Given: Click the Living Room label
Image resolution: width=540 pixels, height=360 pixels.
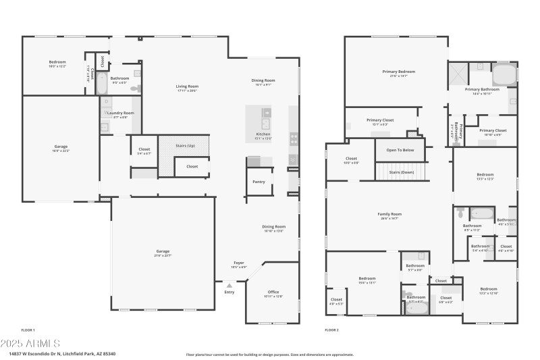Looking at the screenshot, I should point(188,86).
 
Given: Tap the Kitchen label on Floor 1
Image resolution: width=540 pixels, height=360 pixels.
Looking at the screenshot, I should point(263,134).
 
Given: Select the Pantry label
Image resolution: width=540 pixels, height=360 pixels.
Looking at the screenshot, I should point(259,182).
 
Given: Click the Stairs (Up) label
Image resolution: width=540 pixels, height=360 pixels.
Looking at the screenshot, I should point(185,145).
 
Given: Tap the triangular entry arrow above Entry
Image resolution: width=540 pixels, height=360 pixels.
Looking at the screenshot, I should point(229,286).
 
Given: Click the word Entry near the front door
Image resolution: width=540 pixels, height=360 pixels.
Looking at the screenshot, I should point(230,292).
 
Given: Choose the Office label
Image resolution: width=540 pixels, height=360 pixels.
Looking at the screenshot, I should point(273,292).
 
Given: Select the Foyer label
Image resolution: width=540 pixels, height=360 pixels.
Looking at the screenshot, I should point(239,263).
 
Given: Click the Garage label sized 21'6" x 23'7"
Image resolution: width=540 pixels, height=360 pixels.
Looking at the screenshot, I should point(163,251).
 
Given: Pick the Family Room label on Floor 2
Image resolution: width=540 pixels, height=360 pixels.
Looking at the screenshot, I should point(389,214).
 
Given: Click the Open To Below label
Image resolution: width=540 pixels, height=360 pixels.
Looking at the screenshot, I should point(400,150).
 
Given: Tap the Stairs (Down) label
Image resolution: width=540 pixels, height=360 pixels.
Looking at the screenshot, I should point(402,172).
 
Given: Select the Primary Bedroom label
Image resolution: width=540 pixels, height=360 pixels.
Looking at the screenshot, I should point(398,72).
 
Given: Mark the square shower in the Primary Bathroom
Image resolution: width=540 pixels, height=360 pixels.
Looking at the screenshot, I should point(458,72).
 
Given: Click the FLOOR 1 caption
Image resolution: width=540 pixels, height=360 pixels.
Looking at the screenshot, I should point(28,330).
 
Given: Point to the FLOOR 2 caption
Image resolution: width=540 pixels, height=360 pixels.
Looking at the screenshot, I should point(331,330).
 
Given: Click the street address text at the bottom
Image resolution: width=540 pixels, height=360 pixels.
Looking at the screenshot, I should point(62,353).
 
